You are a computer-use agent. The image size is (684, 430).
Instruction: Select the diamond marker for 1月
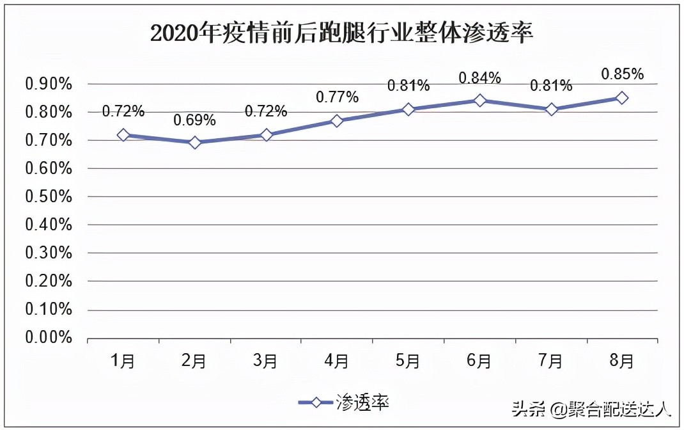pyautogui.click(x=123, y=135)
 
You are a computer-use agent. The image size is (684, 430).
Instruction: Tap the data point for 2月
pyautogui.click(x=195, y=143)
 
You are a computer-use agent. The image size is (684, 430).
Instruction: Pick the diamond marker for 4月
pyautogui.click(x=338, y=121)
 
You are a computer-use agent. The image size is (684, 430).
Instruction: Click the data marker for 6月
pyautogui.click(x=480, y=100)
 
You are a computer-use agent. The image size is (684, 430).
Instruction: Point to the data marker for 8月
pyautogui.click(x=622, y=98)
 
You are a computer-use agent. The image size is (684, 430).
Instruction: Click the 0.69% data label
pyautogui.click(x=195, y=120)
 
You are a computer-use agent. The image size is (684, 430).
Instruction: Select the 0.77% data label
pyautogui.click(x=338, y=97)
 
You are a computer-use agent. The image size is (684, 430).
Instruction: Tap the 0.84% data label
pyautogui.click(x=480, y=78)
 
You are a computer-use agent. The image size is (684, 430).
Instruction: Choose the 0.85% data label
pyautogui.click(x=622, y=74)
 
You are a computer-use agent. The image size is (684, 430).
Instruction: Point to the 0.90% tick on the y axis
pyautogui.click(x=48, y=84)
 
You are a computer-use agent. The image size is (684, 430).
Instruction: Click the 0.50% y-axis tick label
pyautogui.click(x=48, y=196)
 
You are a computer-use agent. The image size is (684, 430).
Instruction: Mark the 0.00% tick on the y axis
pyautogui.click(x=48, y=337)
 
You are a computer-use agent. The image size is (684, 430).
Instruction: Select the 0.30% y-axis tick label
pyautogui.click(x=48, y=253)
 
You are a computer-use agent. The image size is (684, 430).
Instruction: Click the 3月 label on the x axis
pyautogui.click(x=266, y=362)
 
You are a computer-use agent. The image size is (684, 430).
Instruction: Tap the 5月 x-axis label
pyautogui.click(x=408, y=362)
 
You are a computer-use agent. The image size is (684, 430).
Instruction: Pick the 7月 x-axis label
pyautogui.click(x=551, y=362)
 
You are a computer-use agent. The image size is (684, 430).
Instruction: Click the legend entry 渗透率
pyautogui.click(x=345, y=402)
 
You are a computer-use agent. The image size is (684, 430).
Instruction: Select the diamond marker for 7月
pyautogui.click(x=551, y=109)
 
